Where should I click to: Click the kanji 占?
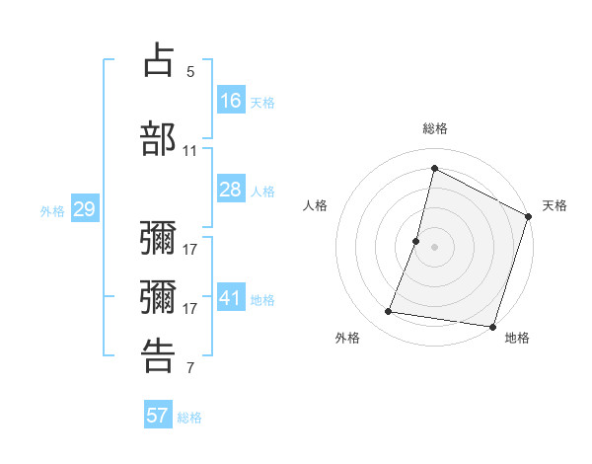[158, 59]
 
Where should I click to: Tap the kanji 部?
[158, 137]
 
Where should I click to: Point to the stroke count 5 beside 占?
[190, 72]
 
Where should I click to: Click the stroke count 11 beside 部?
[190, 151]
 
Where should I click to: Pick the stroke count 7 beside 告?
[190, 368]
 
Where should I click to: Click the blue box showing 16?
[231, 100]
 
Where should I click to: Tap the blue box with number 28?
[231, 190]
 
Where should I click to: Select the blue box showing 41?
[231, 298]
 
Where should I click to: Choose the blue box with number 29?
[84, 209]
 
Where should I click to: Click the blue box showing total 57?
[158, 416]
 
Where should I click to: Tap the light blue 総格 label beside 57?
[189, 417]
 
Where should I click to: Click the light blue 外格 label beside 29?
[52, 210]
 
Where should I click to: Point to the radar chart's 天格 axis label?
[555, 205]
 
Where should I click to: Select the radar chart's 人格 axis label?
[316, 205]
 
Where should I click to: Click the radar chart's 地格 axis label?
[517, 338]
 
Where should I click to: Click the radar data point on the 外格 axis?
[389, 312]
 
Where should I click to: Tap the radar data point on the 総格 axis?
[434, 168]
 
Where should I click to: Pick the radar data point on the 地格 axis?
[491, 327]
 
